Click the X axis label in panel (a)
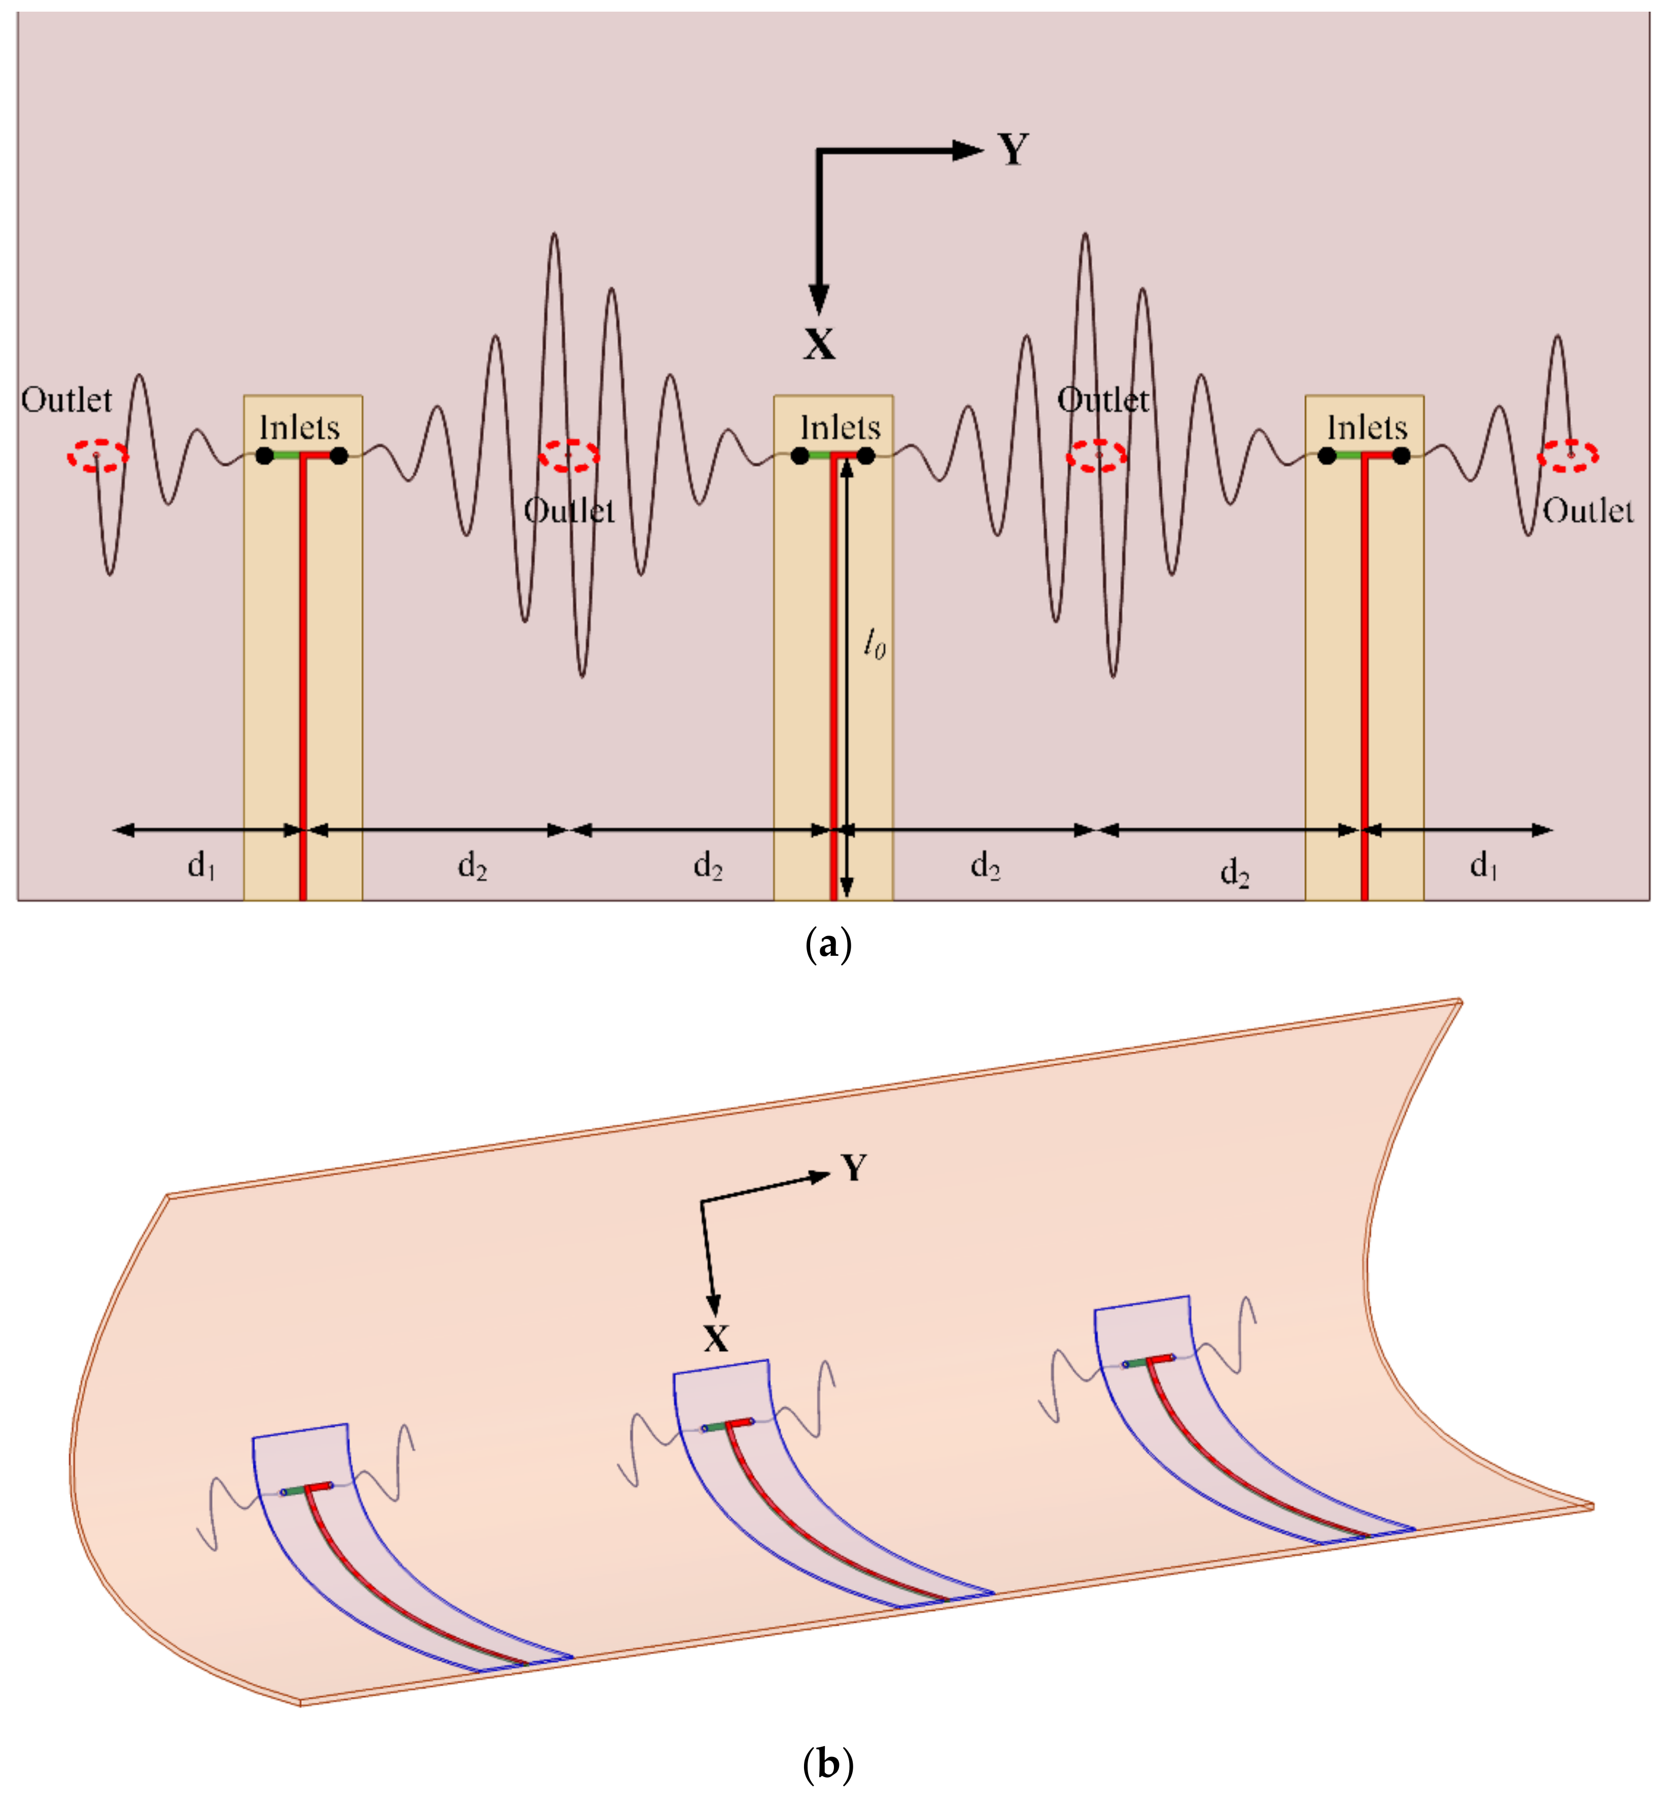(x=819, y=344)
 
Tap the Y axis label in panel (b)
(x=853, y=1168)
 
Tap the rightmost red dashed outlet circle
(x=1568, y=456)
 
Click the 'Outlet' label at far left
(x=66, y=399)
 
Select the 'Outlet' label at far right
(x=1588, y=511)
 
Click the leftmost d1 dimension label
(x=201, y=866)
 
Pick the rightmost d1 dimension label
(x=1483, y=866)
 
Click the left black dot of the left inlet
(x=264, y=456)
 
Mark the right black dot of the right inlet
(x=1401, y=456)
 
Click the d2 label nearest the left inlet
(x=472, y=866)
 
